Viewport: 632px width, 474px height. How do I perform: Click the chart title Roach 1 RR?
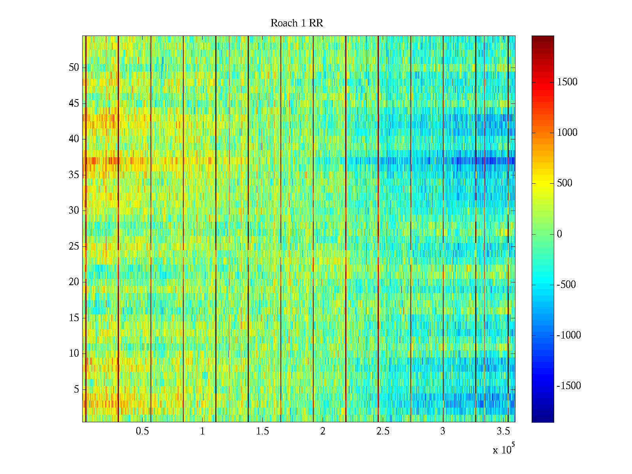(297, 23)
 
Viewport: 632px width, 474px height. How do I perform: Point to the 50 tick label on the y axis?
(74, 68)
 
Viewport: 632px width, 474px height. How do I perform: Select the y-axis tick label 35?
(74, 175)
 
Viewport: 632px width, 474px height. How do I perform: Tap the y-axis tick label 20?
(74, 282)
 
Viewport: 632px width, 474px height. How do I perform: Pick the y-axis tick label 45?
(74, 103)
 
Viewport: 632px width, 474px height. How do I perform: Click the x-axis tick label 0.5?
(142, 431)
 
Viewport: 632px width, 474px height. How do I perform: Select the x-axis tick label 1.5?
(262, 431)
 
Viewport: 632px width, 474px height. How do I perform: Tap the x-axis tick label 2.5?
(382, 431)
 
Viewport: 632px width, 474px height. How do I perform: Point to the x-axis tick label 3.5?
(503, 431)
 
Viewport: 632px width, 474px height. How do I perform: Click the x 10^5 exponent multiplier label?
(504, 449)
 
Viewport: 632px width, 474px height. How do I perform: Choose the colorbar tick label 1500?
(567, 82)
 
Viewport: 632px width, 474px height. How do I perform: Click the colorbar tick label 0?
(559, 234)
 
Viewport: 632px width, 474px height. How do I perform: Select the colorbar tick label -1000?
(569, 335)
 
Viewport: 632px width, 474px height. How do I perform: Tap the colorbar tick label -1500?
(569, 386)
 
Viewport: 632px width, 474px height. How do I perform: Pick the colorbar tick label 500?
(564, 183)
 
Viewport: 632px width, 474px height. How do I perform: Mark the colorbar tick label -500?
(566, 285)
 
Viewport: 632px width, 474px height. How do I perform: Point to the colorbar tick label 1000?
(567, 133)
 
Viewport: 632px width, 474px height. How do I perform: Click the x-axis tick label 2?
(323, 431)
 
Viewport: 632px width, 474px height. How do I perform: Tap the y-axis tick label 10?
(74, 354)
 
